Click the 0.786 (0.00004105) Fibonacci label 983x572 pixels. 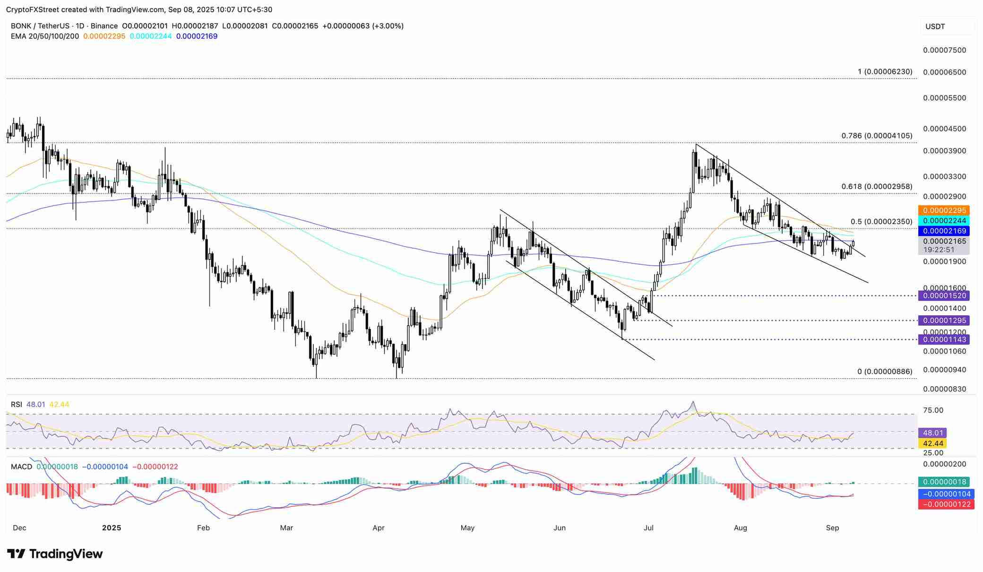[x=877, y=136]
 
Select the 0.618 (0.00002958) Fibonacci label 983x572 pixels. [x=877, y=187]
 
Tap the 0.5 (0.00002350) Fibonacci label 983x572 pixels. [x=881, y=222]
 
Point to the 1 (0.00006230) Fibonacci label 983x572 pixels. [x=885, y=72]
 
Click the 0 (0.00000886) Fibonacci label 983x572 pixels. [x=885, y=372]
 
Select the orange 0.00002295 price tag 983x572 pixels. [x=943, y=210]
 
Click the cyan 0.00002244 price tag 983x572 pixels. [x=943, y=221]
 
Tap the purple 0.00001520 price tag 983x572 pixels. [x=943, y=296]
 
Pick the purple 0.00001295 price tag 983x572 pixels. [x=943, y=321]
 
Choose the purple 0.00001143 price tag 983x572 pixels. [x=943, y=339]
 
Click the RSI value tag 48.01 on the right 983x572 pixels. [x=932, y=433]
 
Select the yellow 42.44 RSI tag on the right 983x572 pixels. [x=932, y=443]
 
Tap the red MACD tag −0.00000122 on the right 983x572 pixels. [x=944, y=504]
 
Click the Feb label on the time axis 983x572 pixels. [x=203, y=528]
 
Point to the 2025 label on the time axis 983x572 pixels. [x=112, y=528]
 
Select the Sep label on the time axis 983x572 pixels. [x=832, y=528]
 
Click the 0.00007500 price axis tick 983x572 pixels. [x=944, y=50]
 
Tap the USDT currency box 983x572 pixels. [x=935, y=26]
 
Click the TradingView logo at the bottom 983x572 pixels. [x=55, y=554]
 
